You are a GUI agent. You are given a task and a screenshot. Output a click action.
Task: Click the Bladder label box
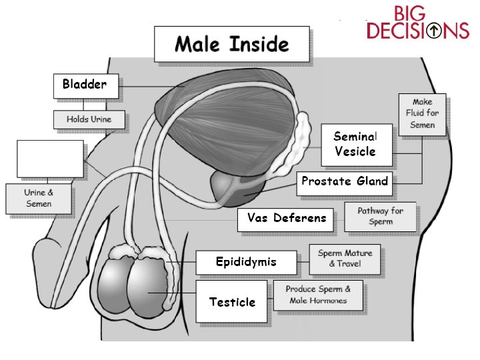[85, 85]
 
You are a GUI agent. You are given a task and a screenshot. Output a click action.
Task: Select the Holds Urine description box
[89, 120]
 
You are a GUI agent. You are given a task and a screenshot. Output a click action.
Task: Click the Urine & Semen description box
[39, 199]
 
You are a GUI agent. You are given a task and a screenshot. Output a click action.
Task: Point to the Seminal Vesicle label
[355, 144]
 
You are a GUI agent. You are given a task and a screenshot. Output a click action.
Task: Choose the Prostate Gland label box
[344, 182]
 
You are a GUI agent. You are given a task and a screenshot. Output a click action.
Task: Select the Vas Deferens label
[286, 219]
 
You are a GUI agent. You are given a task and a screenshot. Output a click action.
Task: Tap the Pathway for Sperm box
[380, 216]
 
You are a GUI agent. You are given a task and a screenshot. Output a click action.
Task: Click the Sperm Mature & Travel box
[345, 259]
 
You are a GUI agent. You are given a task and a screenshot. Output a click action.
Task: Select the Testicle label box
[232, 302]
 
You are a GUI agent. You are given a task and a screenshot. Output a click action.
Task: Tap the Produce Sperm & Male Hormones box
[319, 295]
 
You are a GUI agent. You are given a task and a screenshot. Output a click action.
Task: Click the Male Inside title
[231, 45]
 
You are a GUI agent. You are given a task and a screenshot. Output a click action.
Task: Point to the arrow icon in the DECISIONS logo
[434, 31]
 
